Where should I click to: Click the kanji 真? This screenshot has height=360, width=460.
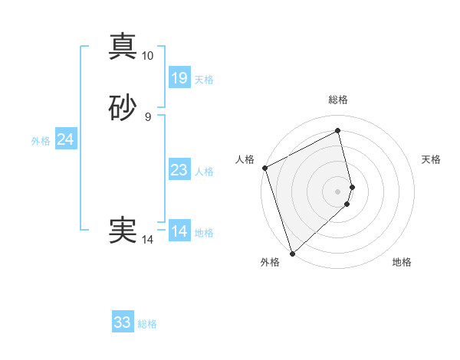coord(123,46)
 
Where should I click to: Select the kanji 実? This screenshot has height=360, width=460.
coord(123,229)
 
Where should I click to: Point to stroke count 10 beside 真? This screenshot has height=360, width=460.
coord(147,56)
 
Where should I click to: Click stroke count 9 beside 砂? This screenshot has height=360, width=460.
coord(147,117)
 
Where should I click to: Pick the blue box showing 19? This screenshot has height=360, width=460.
coord(179,78)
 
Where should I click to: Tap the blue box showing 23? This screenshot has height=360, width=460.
coord(179,170)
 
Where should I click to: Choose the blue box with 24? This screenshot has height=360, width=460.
coord(65,139)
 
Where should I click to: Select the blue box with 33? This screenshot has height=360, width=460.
coord(123,322)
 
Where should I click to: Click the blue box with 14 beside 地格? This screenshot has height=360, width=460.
coord(179,231)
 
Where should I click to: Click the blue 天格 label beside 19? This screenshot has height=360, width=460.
coord(204,80)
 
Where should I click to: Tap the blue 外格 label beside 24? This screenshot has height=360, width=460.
coord(41,141)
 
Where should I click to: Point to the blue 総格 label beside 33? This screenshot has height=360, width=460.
coord(147,324)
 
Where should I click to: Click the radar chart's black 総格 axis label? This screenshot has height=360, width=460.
coord(338,100)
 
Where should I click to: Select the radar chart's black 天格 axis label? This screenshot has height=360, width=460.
coord(431,159)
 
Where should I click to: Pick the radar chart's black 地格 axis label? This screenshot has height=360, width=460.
coord(402,262)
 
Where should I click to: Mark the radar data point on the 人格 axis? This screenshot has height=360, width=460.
coord(264,168)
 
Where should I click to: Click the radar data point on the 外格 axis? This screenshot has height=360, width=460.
coord(292,252)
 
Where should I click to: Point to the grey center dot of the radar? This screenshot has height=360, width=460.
coord(338,191)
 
